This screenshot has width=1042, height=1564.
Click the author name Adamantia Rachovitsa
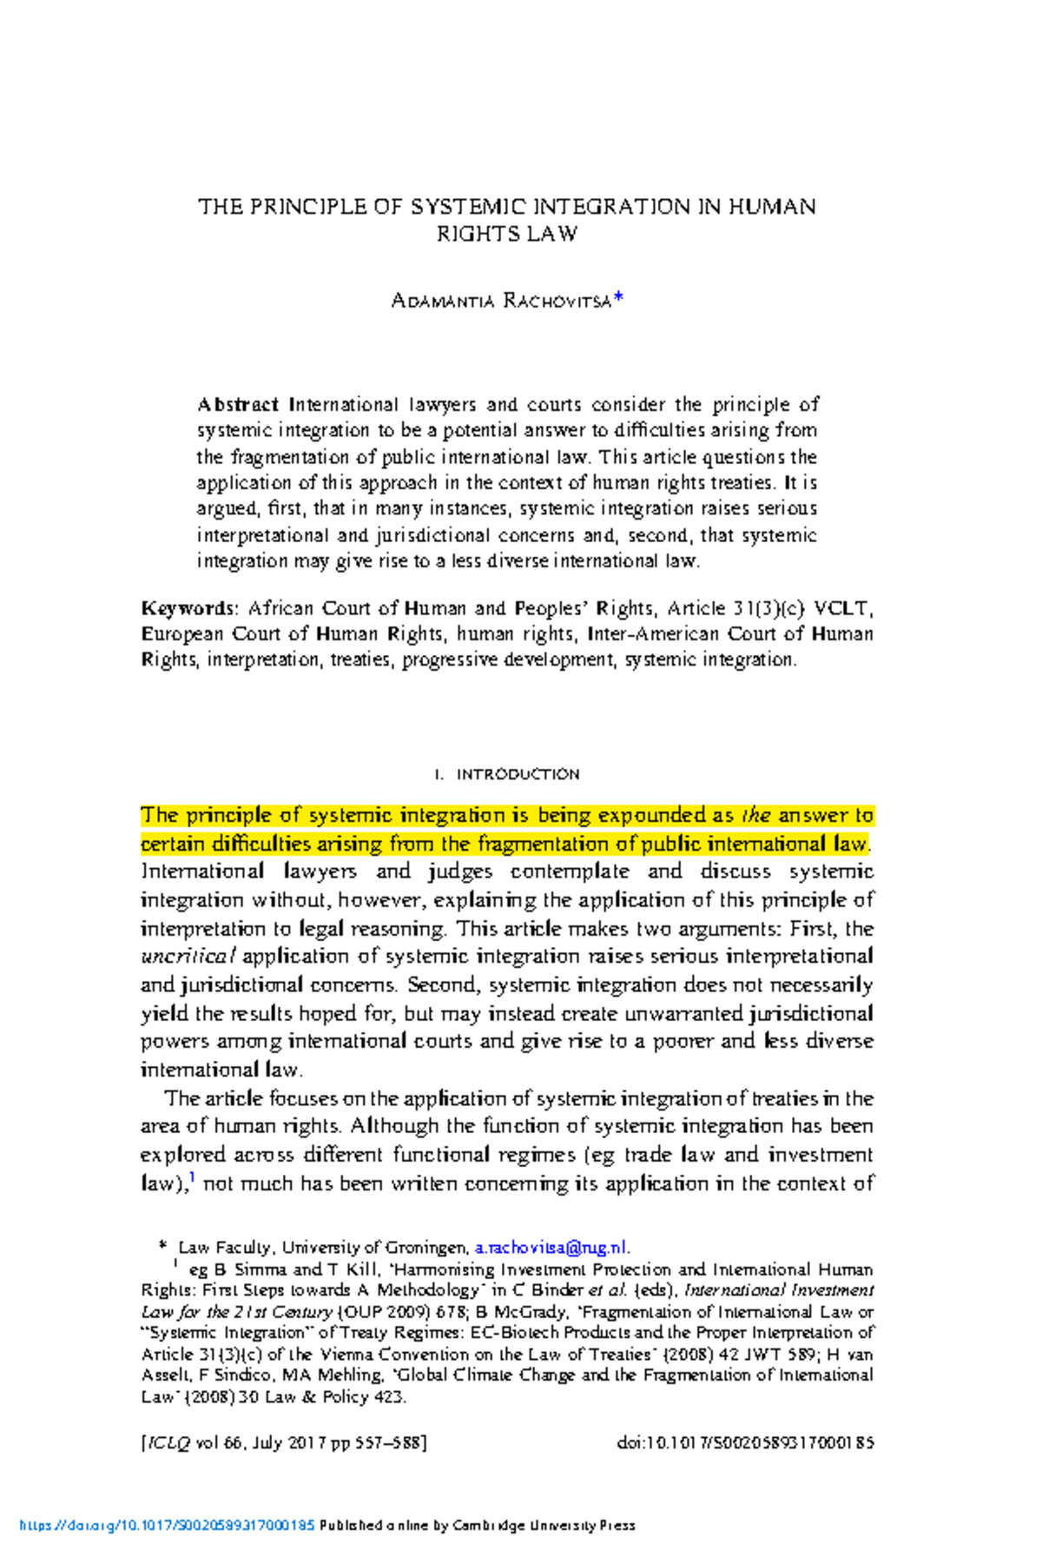coord(501,302)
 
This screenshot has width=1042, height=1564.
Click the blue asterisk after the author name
coord(617,300)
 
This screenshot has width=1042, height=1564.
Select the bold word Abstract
coord(237,405)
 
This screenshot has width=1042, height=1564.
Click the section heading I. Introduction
coord(506,774)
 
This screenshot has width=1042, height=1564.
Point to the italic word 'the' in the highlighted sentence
coord(756,816)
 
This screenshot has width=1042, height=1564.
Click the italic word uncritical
coord(188,957)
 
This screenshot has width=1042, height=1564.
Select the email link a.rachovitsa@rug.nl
coord(551,1248)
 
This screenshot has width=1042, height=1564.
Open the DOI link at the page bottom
coord(167,1525)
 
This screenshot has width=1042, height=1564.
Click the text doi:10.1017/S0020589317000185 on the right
coord(745,1443)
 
